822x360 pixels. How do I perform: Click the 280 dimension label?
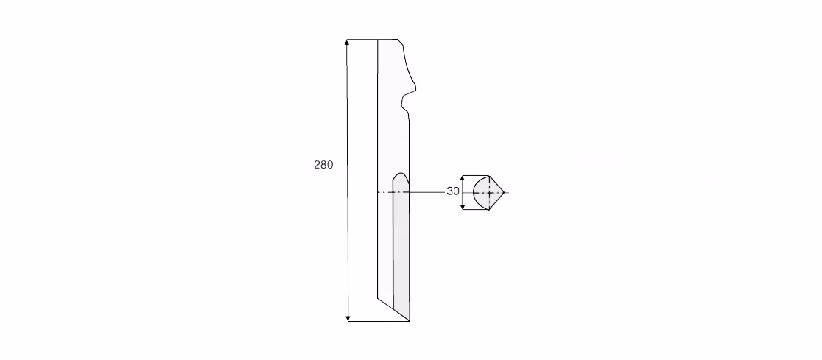coord(323,165)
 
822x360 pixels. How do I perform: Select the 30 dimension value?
coord(453,192)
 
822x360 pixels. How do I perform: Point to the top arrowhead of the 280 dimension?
coord(346,43)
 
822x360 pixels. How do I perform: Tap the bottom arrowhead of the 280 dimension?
coord(348,317)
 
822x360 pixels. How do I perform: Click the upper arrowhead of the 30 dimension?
coord(463,179)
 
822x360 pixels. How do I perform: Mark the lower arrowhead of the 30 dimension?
coord(463,206)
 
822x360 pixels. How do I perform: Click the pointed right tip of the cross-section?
coord(504,193)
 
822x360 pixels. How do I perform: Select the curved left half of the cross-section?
coord(481,193)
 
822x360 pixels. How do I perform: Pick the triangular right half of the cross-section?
coord(496,193)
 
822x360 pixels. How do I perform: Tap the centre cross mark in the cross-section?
coord(489,193)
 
